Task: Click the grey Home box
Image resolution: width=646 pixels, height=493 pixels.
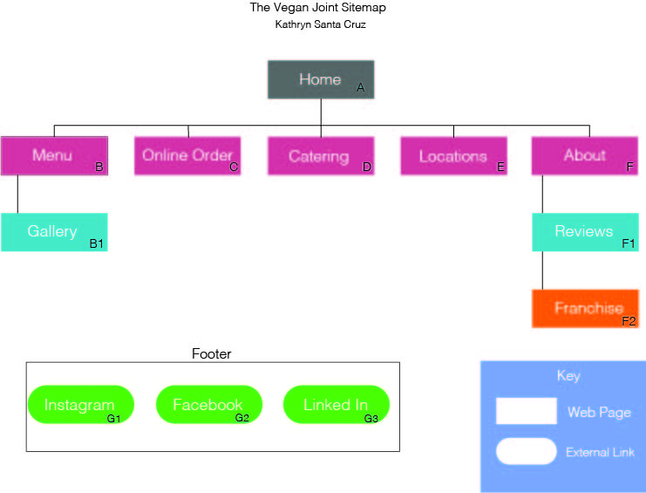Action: (321, 79)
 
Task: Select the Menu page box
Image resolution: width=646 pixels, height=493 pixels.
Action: (54, 156)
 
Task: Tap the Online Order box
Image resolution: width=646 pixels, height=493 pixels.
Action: (187, 156)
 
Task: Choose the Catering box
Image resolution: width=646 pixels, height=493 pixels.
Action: (321, 156)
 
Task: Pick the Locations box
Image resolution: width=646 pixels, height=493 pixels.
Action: (453, 156)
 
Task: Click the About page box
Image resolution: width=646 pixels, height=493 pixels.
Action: (585, 156)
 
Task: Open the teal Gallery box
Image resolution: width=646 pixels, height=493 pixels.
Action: (54, 232)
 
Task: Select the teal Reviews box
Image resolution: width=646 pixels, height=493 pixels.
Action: (586, 232)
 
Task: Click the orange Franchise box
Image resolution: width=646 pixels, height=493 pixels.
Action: (586, 309)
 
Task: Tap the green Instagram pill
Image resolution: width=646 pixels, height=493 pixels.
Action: (81, 404)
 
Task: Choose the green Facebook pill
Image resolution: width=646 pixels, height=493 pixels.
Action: (209, 404)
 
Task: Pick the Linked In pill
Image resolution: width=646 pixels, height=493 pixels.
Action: (337, 404)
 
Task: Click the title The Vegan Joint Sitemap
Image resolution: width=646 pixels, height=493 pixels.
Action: (317, 8)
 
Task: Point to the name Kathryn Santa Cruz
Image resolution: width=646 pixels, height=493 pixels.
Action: (320, 24)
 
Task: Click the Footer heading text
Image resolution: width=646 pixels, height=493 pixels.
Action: (211, 353)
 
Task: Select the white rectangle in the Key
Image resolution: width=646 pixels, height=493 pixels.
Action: (526, 411)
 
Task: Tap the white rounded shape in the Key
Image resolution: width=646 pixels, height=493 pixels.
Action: (526, 451)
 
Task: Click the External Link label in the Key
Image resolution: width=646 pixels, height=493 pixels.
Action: (600, 452)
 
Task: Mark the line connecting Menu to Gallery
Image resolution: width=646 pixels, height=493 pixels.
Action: (17, 195)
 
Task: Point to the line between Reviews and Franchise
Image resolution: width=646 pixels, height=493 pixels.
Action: (542, 270)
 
